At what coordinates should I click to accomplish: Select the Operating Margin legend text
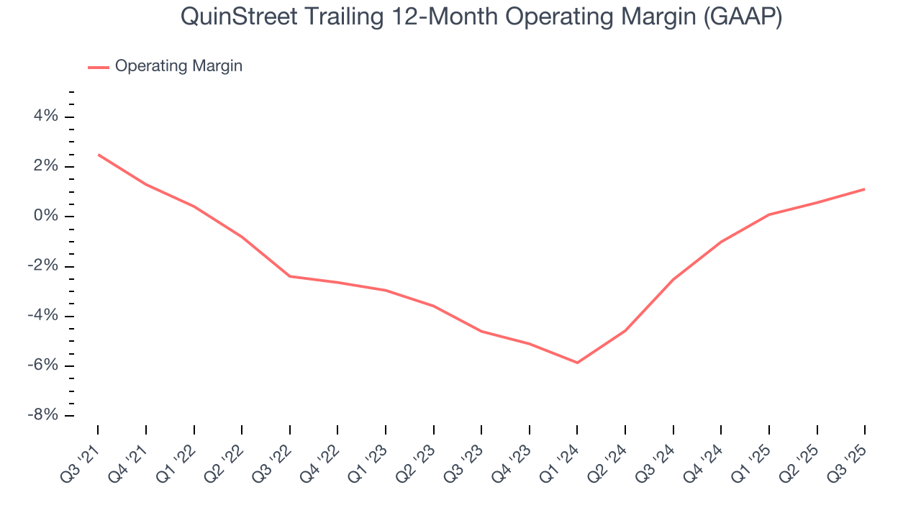(178, 66)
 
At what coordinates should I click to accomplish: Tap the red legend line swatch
(99, 67)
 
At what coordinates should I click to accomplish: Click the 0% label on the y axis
(45, 217)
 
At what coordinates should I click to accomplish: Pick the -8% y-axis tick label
(42, 416)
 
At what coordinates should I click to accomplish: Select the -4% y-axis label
(42, 316)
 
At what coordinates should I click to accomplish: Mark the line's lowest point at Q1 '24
(577, 363)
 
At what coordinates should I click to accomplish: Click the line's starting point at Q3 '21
(98, 154)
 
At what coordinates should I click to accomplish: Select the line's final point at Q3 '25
(864, 189)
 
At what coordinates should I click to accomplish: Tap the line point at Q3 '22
(290, 276)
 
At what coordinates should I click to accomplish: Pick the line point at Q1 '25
(768, 214)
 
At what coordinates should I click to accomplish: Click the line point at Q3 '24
(673, 279)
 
